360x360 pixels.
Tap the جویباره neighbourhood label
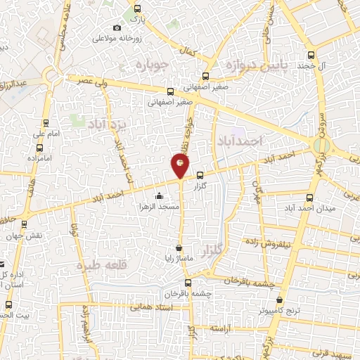coord(148,65)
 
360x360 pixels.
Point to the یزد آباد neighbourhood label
coord(109,124)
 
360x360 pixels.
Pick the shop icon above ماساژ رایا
coord(180,247)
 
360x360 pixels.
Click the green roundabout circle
coord(321,146)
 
